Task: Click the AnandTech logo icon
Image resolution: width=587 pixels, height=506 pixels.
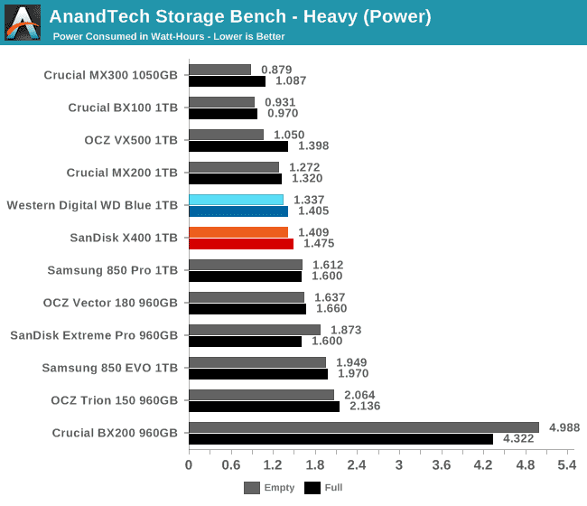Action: pos(23,23)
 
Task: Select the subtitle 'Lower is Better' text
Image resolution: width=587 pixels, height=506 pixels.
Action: pos(249,37)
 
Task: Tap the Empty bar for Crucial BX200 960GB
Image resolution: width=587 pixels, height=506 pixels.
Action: pos(363,427)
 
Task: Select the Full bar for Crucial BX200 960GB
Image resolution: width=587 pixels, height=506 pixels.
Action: pos(340,439)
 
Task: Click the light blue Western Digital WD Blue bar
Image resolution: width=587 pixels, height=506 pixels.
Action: pos(236,200)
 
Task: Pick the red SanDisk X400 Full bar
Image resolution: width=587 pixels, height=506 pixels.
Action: pos(240,243)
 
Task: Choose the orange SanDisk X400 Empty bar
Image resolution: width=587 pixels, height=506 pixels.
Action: pos(238,232)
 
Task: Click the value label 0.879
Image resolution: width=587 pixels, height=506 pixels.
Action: pos(276,70)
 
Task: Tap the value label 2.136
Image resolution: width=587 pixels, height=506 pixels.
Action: pos(364,406)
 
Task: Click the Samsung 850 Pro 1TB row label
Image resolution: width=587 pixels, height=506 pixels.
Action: pos(113,270)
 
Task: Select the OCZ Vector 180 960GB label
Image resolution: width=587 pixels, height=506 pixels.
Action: pos(110,303)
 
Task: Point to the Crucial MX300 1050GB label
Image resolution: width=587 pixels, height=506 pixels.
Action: pos(111,75)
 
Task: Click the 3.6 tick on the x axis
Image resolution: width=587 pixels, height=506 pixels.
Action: pos(441,465)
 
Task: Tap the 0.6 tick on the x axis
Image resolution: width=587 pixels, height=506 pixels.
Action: pos(230,465)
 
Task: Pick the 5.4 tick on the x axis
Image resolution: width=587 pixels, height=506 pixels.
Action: pos(566,465)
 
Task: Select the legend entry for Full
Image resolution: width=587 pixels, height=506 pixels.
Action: pos(324,488)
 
